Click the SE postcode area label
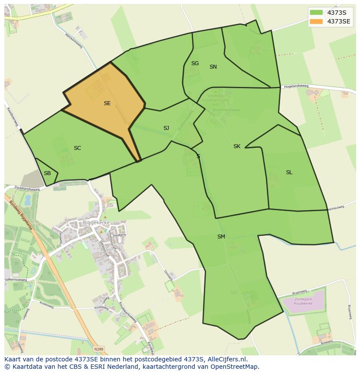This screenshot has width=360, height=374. [x=107, y=103]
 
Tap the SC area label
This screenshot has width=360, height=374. [x=77, y=148]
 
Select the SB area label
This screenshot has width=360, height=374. [x=47, y=173]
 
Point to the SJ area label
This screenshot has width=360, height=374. [x=166, y=128]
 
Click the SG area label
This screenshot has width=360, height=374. [x=195, y=63]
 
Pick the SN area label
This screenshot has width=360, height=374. [x=213, y=67]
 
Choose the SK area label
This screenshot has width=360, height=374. [x=237, y=146]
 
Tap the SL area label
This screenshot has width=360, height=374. [x=289, y=172]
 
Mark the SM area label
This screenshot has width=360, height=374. [x=221, y=237]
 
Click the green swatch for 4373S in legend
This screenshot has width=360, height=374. [x=316, y=13]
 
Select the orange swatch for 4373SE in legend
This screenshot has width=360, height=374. [x=316, y=21]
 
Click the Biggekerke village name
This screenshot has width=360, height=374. [x=96, y=223]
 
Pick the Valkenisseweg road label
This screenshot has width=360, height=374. [x=16, y=280]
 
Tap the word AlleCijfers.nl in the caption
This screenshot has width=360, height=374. [x=227, y=359]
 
